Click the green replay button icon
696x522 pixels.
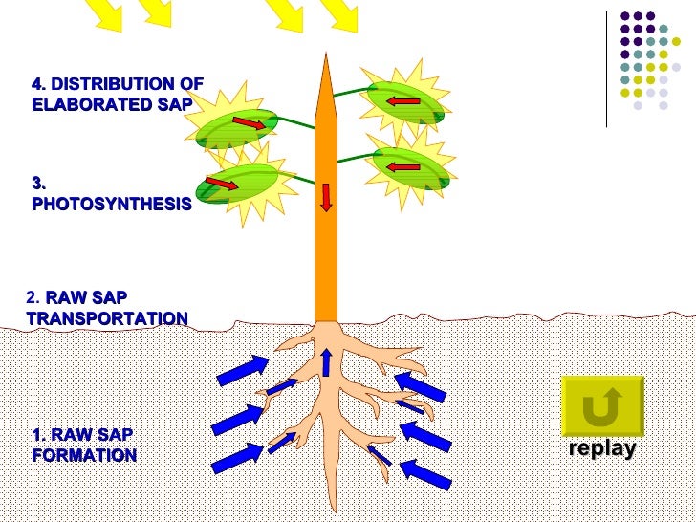[601, 407]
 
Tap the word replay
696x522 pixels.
[601, 449]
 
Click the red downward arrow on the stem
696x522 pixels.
[326, 196]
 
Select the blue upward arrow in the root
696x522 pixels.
[326, 362]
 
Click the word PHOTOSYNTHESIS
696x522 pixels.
[111, 205]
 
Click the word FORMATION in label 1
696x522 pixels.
[84, 455]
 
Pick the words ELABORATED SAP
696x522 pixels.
[111, 104]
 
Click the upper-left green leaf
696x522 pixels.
[237, 129]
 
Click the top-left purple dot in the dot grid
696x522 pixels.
[625, 16]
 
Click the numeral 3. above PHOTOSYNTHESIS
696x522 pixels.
[39, 183]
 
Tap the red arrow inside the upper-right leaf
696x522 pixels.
[404, 100]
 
